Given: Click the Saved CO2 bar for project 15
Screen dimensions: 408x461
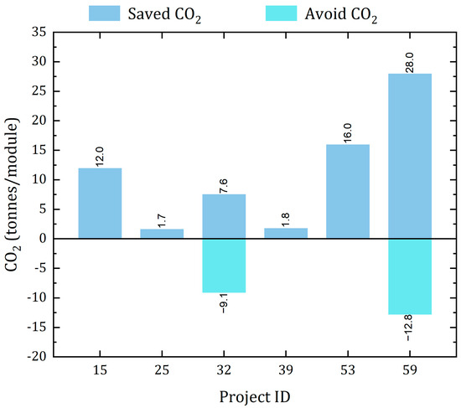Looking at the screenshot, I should (x=100, y=204).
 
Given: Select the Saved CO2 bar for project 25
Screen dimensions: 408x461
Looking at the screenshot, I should (x=162, y=234).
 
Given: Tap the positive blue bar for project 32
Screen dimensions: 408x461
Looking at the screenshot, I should (x=224, y=216).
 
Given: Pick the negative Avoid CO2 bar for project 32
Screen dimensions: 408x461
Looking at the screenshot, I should (x=224, y=266).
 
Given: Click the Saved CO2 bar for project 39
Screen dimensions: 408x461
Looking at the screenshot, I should (x=286, y=233).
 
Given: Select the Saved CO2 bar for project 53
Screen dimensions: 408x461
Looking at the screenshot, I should (x=348, y=192).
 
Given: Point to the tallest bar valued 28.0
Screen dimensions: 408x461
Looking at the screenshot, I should (x=410, y=156).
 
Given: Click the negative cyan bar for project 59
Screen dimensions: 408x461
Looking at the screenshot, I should (x=410, y=276).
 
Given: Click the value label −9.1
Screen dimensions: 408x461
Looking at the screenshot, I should (x=224, y=302).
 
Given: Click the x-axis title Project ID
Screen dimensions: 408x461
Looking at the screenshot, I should (x=254, y=395).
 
